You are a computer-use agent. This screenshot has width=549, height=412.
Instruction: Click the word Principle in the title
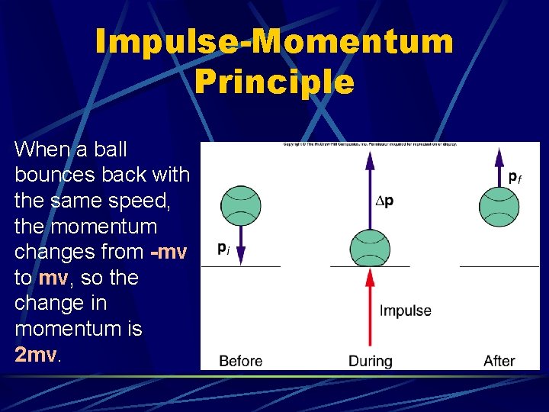pos(274,82)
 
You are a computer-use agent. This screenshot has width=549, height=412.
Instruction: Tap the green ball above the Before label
pos(240,205)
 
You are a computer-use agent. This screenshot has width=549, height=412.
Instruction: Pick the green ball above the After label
pos(499,205)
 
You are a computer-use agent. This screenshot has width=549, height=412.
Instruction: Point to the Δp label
pos(385,201)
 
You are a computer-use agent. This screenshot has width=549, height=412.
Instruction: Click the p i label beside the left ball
pos(223,248)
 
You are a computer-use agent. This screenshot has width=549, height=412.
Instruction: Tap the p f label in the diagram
pos(515,176)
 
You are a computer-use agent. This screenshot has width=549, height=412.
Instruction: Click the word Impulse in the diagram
pos(405,311)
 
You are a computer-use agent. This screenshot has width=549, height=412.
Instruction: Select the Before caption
pos(240,360)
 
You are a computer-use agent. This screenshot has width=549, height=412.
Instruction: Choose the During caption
pos(370,360)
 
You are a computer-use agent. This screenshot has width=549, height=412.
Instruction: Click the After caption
pos(499,360)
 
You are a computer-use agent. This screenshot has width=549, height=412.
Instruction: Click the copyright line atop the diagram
pos(370,144)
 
